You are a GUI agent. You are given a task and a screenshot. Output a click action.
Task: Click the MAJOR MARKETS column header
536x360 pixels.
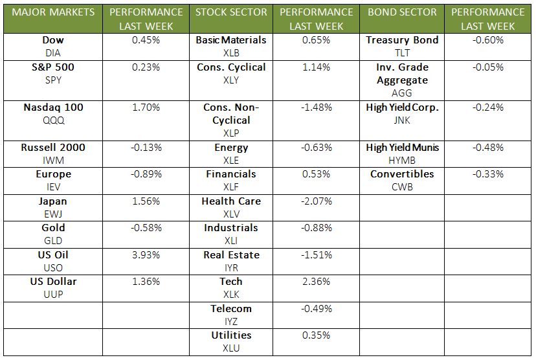(53, 12)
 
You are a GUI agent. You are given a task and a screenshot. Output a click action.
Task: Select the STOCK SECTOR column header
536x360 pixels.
(231, 12)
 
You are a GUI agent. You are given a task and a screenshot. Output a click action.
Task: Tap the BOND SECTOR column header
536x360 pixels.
(402, 12)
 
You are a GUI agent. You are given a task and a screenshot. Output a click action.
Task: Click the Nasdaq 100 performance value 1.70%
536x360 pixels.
(146, 107)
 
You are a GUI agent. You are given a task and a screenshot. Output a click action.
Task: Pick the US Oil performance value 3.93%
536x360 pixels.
(146, 255)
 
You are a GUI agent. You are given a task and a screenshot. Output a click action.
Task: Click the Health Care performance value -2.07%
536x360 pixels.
(317, 201)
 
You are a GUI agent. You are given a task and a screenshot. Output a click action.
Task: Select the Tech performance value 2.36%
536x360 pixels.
(317, 282)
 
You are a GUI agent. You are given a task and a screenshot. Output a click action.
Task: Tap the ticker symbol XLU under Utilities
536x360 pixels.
(231, 348)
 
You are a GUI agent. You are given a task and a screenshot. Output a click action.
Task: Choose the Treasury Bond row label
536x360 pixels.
(402, 40)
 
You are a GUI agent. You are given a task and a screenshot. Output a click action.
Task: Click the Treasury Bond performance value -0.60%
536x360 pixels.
(487, 40)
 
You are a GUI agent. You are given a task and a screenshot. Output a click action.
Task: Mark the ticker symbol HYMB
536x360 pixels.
(402, 161)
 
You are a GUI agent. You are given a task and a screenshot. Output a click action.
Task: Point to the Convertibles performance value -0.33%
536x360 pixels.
(487, 174)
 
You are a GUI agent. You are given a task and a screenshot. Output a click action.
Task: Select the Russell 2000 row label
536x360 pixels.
(53, 148)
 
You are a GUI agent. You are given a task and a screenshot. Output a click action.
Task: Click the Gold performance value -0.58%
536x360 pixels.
(146, 228)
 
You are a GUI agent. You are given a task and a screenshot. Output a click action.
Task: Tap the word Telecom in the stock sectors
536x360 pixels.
(231, 309)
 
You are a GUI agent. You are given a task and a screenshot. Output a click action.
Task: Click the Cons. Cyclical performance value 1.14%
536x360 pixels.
(317, 67)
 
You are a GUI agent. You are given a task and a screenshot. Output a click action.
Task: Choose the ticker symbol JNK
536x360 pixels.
(402, 120)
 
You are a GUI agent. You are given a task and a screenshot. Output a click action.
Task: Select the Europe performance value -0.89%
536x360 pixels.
(146, 174)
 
